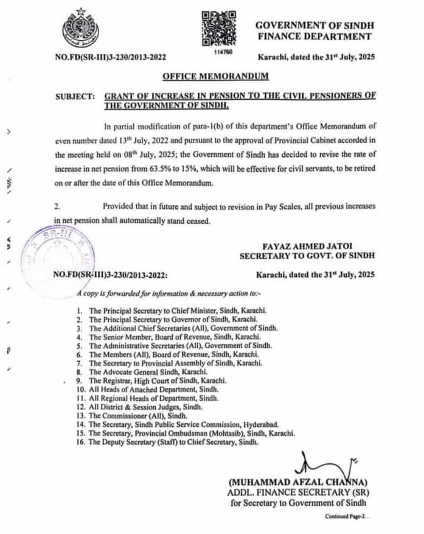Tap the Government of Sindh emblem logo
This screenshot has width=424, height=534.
tap(80, 29)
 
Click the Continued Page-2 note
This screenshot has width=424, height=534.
tap(347, 515)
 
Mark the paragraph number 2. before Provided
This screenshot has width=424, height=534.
tap(57, 208)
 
